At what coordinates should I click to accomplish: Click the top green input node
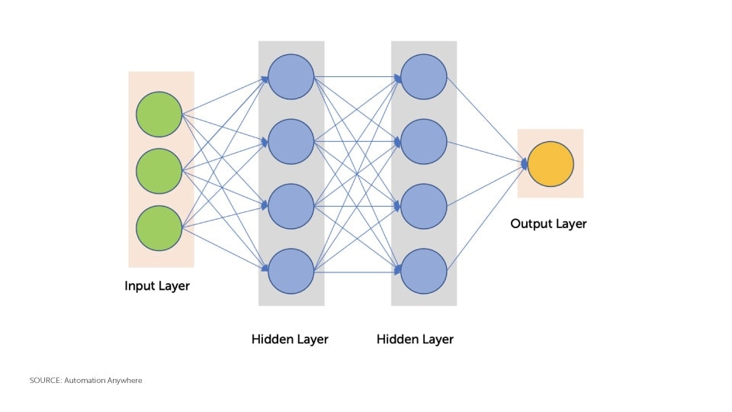click(x=159, y=114)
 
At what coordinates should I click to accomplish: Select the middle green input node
click(x=159, y=171)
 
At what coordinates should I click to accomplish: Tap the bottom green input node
click(x=159, y=228)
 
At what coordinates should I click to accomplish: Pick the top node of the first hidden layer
click(x=291, y=76)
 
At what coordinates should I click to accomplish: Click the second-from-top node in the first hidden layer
click(x=291, y=141)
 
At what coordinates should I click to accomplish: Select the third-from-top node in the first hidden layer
click(x=291, y=206)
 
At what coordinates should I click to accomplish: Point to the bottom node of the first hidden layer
click(x=291, y=271)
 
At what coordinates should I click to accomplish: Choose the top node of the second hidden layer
click(x=423, y=76)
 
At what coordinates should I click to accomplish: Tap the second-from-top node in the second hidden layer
click(x=423, y=141)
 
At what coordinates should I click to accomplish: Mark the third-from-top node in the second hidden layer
click(x=423, y=206)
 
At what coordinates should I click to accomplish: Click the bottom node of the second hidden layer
click(x=423, y=271)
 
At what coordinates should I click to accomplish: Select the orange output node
click(x=551, y=164)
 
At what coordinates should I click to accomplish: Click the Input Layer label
click(x=157, y=286)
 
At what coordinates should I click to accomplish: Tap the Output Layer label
click(x=548, y=224)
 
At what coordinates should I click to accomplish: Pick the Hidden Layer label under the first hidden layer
click(x=290, y=339)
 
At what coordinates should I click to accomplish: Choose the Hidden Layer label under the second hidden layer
click(x=415, y=339)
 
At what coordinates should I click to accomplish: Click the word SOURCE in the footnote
click(x=45, y=380)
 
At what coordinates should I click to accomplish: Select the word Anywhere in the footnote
click(x=125, y=380)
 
